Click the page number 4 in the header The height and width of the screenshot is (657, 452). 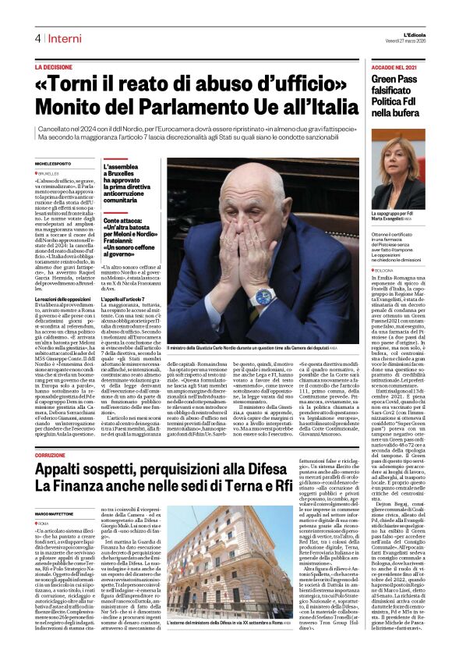[37, 38]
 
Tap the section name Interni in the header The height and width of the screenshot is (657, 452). [64, 38]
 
